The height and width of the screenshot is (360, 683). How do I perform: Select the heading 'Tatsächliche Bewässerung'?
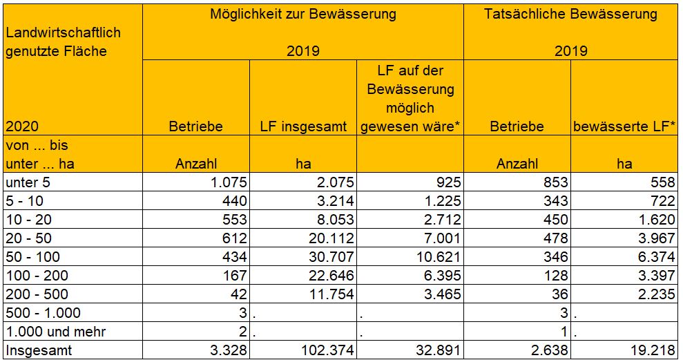click(570, 15)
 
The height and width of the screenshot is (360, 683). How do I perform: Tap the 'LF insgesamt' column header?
click(303, 126)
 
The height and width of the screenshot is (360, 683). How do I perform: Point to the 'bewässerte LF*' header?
click(624, 126)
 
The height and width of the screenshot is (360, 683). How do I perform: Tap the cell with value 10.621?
click(438, 257)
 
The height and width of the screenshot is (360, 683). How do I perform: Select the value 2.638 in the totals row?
click(549, 350)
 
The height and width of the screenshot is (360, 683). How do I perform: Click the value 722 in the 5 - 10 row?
click(662, 201)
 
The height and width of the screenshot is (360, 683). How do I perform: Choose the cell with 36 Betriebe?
click(559, 294)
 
